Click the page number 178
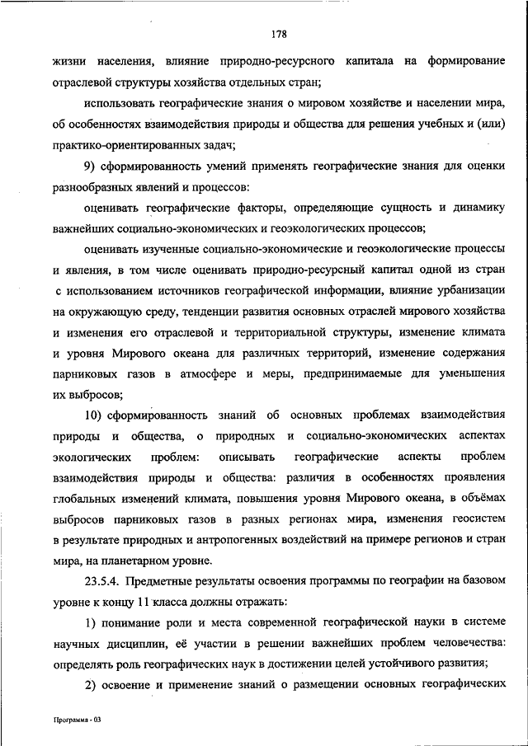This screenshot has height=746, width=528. click(278, 34)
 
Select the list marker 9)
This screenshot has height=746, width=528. click(91, 168)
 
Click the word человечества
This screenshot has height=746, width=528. click(462, 642)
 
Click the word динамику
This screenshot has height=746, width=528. click(476, 210)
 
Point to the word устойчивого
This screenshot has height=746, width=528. click(394, 663)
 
